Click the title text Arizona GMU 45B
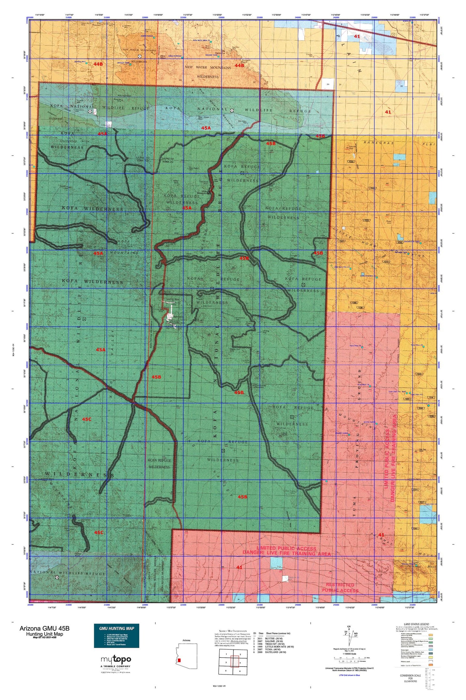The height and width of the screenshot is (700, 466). tap(44, 628)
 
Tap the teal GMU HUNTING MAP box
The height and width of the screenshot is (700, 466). tap(116, 635)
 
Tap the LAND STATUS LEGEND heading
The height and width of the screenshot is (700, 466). tap(416, 624)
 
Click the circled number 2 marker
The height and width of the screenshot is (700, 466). tap(232, 110)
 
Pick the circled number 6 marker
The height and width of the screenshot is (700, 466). tap(90, 111)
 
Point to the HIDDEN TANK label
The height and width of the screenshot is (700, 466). tap(211, 55)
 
